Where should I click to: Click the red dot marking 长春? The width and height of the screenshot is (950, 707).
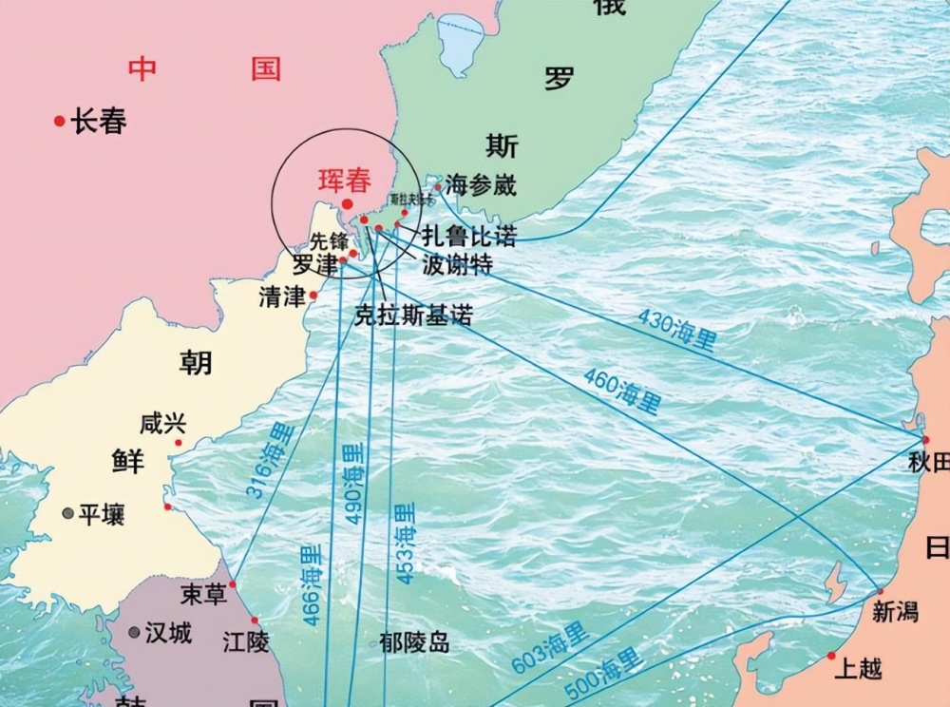point(60,121)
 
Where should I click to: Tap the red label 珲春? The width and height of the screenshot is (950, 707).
point(343,181)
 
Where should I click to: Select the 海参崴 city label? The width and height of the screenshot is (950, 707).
point(481,184)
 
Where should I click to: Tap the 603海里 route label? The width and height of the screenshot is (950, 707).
point(550,648)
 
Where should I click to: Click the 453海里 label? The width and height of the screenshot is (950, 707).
point(406,543)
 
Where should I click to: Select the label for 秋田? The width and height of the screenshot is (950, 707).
point(928,463)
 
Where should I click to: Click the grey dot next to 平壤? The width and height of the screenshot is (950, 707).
point(67,513)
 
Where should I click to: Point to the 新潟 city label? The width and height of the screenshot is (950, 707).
point(894,613)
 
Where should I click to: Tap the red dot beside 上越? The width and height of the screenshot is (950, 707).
point(831,656)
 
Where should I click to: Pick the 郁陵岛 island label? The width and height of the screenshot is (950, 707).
point(413,642)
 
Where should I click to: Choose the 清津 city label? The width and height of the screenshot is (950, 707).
point(281,296)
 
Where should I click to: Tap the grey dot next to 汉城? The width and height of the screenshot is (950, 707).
point(134,632)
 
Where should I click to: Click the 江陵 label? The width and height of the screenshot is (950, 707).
point(245,642)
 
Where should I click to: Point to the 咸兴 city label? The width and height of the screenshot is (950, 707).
point(162,424)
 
